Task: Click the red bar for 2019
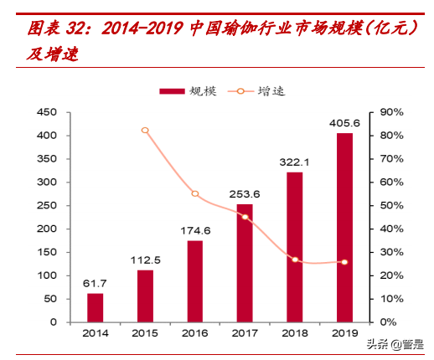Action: (344, 227)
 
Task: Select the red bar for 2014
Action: (95, 307)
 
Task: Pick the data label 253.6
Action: (245, 194)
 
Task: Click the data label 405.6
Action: (344, 123)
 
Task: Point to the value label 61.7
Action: (95, 284)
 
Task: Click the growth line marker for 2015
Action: (145, 131)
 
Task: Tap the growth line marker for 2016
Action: (194, 193)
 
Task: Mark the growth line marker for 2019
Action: (344, 262)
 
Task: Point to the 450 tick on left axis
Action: (47, 112)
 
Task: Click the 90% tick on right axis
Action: (392, 112)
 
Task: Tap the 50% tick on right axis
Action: (392, 205)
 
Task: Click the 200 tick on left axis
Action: (47, 229)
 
